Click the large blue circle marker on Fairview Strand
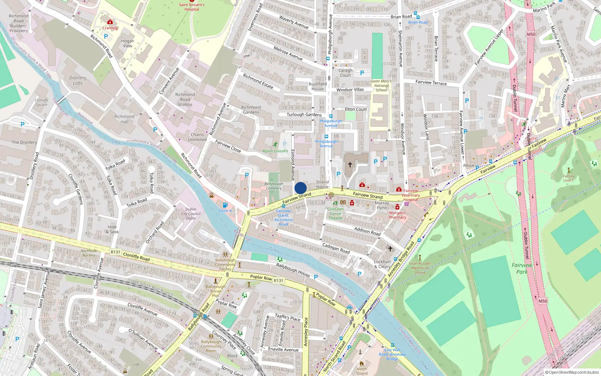tap(300, 188)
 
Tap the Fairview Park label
tap(522, 268)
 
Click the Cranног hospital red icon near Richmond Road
tap(110, 22)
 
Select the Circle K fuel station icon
tap(225, 205)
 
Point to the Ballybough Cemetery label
tap(273, 186)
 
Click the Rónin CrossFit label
tap(275, 151)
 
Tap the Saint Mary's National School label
tap(381, 86)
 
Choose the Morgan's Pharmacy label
tap(397, 215)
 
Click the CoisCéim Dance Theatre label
tap(335, 214)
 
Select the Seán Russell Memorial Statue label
tap(420, 268)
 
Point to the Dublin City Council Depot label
tap(190, 214)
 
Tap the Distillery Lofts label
tap(78, 80)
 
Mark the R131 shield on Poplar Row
tap(278, 280)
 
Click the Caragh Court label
tap(345, 73)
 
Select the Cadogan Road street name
tap(336, 248)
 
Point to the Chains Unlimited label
tap(197, 137)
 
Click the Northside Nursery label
tap(89, 253)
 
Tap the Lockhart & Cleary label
tap(382, 264)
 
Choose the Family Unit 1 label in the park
tap(568, 178)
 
